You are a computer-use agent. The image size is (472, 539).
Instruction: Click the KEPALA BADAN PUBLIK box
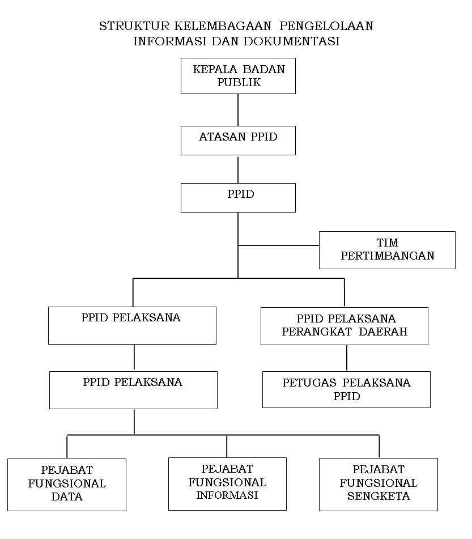pos(238,76)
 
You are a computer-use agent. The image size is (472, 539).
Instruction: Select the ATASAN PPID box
pos(238,140)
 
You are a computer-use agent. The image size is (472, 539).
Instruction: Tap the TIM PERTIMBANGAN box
pos(387,250)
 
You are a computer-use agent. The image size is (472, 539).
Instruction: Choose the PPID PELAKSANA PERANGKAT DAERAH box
pos(344,326)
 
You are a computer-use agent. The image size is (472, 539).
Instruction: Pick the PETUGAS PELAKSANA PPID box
pos(346,389)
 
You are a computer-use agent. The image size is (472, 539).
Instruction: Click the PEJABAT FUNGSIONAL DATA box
pos(67,484)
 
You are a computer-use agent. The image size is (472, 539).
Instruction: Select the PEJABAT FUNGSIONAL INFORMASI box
pos(227,483)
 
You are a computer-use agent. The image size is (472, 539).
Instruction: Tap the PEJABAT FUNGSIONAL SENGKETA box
pos(379,483)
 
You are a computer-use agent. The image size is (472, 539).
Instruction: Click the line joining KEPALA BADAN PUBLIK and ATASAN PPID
pos(238,109)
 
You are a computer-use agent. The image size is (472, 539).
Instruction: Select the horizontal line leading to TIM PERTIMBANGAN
pos(278,245)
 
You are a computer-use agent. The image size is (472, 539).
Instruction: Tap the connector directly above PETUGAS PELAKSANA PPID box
pos(346,358)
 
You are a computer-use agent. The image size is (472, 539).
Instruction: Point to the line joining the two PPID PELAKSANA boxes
pos(134,358)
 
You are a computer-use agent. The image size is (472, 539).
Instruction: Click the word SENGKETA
pos(379,496)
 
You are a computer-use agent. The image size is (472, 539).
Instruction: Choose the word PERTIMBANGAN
pos(388,256)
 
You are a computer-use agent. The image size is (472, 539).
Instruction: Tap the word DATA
pos(67,497)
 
